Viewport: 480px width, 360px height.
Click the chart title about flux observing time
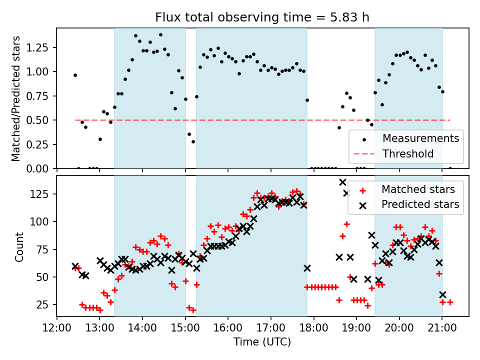click(262, 18)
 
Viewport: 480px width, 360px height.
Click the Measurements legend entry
click(420, 138)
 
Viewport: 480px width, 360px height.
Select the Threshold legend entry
click(408, 153)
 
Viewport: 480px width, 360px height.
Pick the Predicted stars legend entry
click(420, 204)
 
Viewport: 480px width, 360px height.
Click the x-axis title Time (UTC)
click(262, 342)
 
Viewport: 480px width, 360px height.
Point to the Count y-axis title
click(19, 246)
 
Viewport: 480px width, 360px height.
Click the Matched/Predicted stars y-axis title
click(16, 98)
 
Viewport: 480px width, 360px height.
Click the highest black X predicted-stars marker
click(342, 182)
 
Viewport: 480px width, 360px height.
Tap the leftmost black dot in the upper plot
click(75, 75)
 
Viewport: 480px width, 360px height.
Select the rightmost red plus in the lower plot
click(450, 302)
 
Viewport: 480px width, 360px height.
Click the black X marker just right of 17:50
click(307, 268)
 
